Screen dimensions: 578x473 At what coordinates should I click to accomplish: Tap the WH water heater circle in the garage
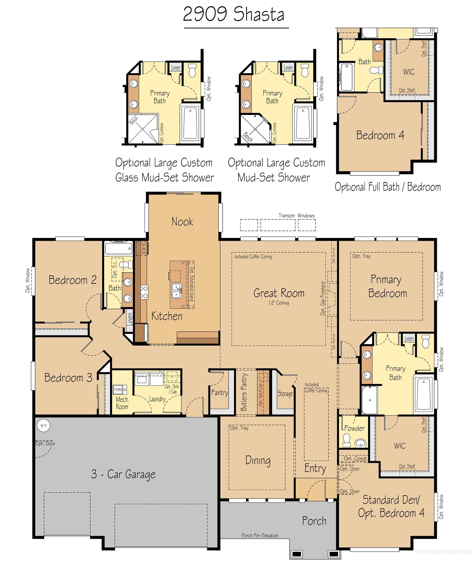point(44,425)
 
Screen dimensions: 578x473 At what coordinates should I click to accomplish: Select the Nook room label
point(182,222)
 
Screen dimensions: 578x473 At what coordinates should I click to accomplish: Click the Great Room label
point(279,293)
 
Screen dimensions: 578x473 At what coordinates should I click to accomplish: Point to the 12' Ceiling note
point(278,303)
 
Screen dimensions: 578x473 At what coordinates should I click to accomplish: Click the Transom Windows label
point(296,215)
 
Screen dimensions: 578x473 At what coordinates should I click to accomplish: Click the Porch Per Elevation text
point(260,536)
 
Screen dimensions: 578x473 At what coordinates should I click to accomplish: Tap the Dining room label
point(258,460)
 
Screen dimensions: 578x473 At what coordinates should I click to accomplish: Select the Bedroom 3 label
point(68,378)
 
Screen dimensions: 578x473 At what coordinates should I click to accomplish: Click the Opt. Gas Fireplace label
point(323,298)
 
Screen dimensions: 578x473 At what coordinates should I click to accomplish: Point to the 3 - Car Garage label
point(123,474)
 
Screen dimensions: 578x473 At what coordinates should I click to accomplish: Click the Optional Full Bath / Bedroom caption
point(387,187)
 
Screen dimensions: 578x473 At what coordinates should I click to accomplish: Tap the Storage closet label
point(285,394)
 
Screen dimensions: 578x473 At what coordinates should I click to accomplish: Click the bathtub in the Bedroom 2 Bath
point(118,249)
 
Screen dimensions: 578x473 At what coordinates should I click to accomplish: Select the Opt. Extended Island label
point(192,284)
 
